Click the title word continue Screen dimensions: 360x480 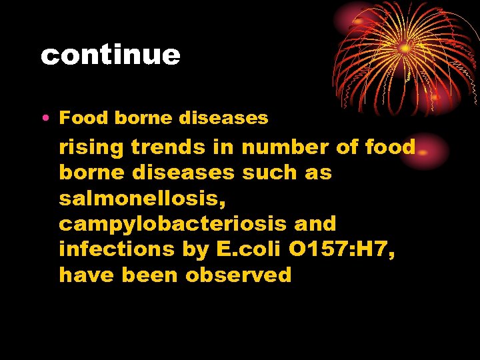tap(111, 55)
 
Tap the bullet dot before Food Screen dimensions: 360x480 tap(44, 119)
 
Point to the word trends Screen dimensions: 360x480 tap(166, 146)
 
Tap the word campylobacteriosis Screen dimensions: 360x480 tap(173, 224)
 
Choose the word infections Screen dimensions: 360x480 tap(117, 249)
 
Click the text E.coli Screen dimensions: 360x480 tap(239, 249)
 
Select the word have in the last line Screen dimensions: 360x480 tap(87, 275)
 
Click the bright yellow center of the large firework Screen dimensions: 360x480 tap(405, 48)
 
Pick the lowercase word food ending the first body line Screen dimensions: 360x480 tap(390, 146)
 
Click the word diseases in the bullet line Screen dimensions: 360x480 tap(223, 119)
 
